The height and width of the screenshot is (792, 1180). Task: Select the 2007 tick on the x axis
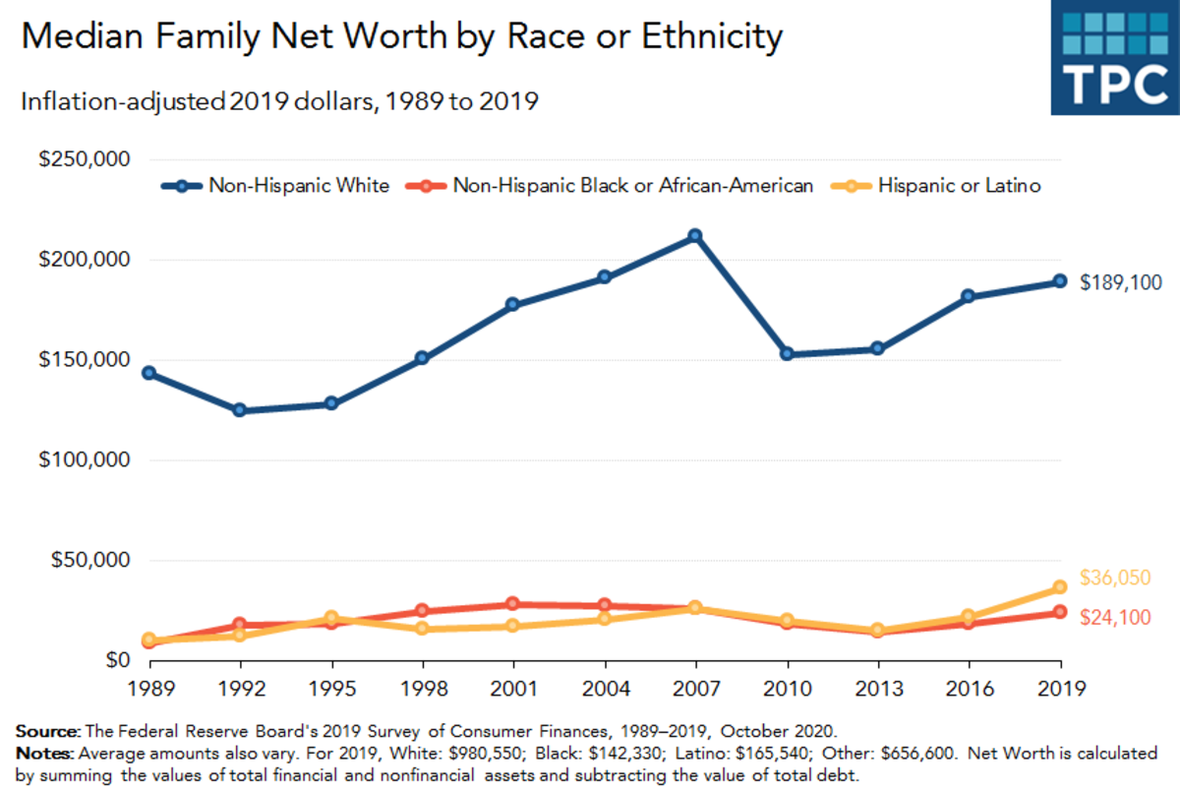pos(695,688)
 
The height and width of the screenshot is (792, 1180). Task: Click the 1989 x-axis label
pos(148,688)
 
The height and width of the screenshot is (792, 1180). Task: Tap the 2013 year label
pos(877,688)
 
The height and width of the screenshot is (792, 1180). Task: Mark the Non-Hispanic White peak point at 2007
pos(695,236)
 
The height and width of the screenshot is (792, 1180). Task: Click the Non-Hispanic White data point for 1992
pos(239,410)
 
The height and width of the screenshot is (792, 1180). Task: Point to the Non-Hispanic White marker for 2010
pos(787,354)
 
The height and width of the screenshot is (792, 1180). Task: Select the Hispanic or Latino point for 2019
pos(1060,587)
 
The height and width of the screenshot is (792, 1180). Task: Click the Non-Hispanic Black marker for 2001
pos(512,604)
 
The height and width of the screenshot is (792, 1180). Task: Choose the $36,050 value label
pos(1114,579)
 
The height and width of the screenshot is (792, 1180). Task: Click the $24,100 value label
pos(1114,617)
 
